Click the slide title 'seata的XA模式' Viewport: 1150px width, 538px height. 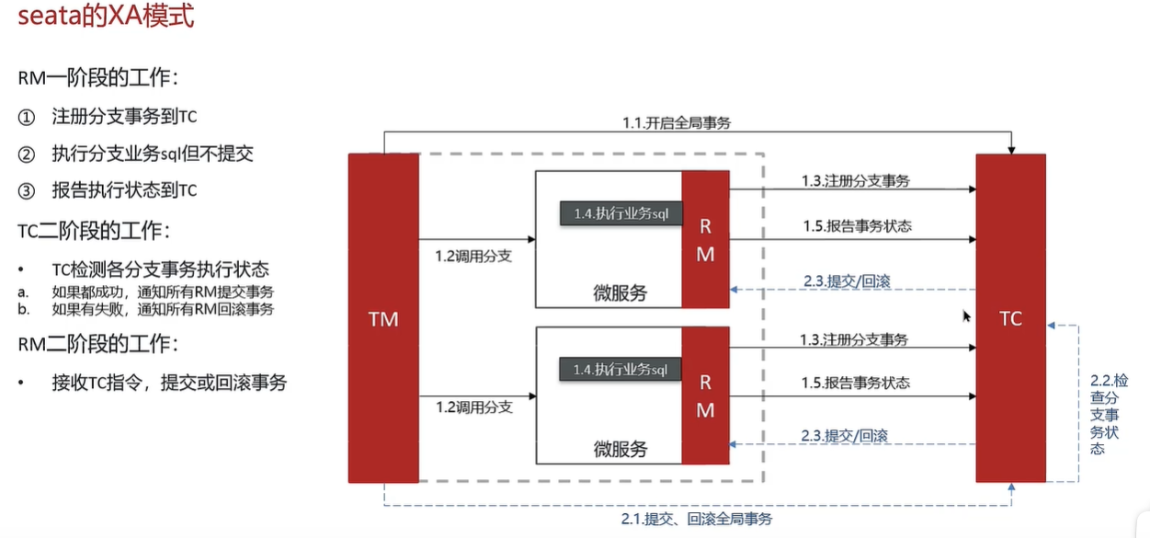click(107, 17)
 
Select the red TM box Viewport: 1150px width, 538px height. click(382, 318)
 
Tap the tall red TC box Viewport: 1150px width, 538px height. click(1010, 318)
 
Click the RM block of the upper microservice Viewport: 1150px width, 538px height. click(705, 239)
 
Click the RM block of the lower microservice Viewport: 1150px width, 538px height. click(705, 396)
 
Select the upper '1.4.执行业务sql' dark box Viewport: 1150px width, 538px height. click(621, 212)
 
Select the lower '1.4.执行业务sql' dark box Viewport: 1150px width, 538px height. click(621, 370)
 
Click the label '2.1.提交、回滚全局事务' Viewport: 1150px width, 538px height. click(697, 520)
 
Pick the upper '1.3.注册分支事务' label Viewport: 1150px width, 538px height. click(855, 181)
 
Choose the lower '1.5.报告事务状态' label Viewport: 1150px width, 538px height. click(855, 383)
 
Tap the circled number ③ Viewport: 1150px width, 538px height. click(27, 191)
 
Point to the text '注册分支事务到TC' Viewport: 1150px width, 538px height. click(124, 117)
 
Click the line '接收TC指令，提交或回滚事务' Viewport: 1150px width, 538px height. click(169, 382)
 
